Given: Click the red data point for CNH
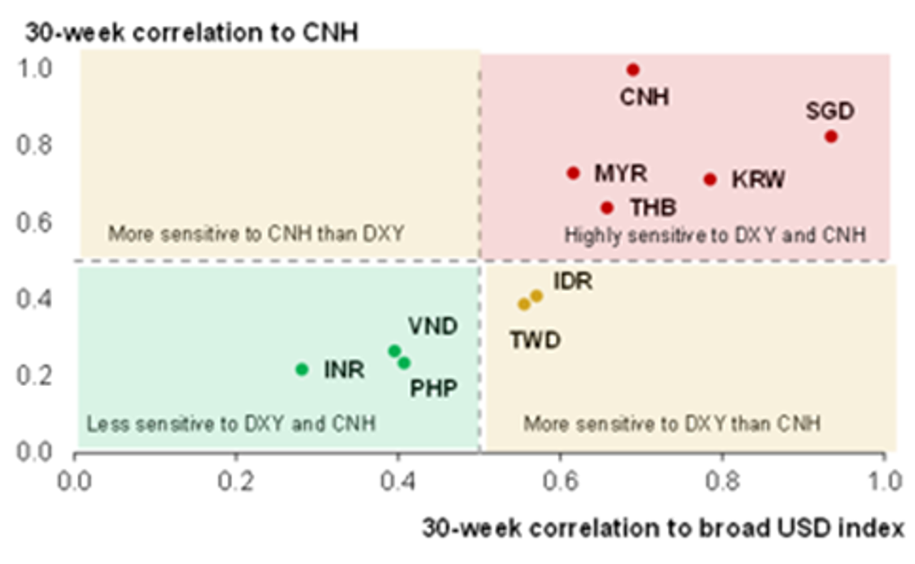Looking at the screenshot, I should coord(633,69).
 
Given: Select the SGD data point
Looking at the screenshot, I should coord(831,136).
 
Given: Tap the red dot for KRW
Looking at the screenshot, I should coord(710,179).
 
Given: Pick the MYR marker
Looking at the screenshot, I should coord(574,173).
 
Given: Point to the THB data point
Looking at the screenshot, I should coord(607,208).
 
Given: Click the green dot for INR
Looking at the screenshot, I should coord(302,369).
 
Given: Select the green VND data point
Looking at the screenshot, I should coord(394,351).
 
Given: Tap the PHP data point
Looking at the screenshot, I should coord(404,363).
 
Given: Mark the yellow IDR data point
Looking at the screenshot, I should coord(536,295).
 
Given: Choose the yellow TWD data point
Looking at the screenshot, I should coord(525,304).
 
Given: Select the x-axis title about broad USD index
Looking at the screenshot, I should coord(663,527).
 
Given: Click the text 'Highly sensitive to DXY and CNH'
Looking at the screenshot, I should coord(714,235).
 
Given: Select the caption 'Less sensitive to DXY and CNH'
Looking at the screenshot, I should coord(230,423).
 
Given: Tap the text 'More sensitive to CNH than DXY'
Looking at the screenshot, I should coord(256,235).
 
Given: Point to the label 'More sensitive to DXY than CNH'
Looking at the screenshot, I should coord(671,423).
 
